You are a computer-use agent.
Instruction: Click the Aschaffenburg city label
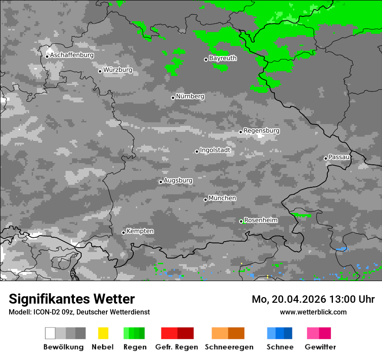pyautogui.click(x=72, y=56)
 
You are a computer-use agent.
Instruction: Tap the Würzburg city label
pyautogui.click(x=118, y=70)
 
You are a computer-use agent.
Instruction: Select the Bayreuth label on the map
pyautogui.click(x=223, y=58)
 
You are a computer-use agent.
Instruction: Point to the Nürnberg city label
pyautogui.click(x=190, y=96)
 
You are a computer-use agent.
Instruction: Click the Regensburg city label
pyautogui.click(x=261, y=131)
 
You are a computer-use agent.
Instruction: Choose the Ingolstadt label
pyautogui.click(x=215, y=151)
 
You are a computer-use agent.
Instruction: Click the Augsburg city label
pyautogui.click(x=178, y=180)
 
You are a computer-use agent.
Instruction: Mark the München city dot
pyautogui.click(x=206, y=200)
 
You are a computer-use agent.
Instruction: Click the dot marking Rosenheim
pyautogui.click(x=241, y=221)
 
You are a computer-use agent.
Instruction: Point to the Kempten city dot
pyautogui.click(x=124, y=232)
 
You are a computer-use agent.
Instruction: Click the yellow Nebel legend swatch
pyautogui.click(x=103, y=333)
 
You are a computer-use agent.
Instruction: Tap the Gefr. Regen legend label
pyautogui.click(x=177, y=347)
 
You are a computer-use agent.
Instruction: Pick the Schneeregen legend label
pyautogui.click(x=229, y=347)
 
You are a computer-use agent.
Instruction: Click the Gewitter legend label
pyautogui.click(x=320, y=347)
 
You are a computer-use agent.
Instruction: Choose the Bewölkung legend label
pyautogui.click(x=63, y=347)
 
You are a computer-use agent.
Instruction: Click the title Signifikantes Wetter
pyautogui.click(x=72, y=299)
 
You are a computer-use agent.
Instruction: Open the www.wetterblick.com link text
pyautogui.click(x=313, y=312)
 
